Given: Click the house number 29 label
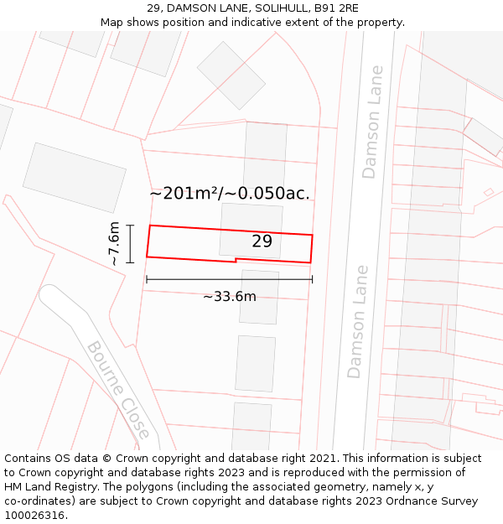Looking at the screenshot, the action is (262, 241).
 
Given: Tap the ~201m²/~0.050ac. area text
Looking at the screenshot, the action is (230, 194).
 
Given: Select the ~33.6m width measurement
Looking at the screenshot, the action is (229, 296).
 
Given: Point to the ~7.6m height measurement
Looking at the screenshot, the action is (115, 244).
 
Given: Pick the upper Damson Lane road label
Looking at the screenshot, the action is (371, 122).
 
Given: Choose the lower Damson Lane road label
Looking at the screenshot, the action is (358, 322).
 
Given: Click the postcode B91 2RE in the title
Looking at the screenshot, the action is (336, 8).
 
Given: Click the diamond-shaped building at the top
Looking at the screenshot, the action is (231, 75).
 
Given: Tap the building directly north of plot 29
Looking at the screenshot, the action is (265, 147).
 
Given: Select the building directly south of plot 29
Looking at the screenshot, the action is (259, 297).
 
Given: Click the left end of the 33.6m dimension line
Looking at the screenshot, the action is (147, 279).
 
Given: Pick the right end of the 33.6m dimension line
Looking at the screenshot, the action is (312, 279).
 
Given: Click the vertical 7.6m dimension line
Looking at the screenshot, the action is (130, 244).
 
